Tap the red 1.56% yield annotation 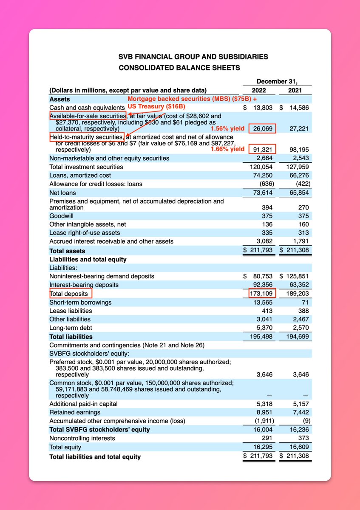pyautogui.click(x=228, y=128)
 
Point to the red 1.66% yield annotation pyautogui.click(x=228, y=149)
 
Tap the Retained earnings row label pyautogui.click(x=75, y=412)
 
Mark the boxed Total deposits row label pyautogui.click(x=69, y=294)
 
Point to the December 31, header pyautogui.click(x=276, y=81)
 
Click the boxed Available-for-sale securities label pyautogui.click(x=88, y=116)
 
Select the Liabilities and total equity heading pyautogui.click(x=88, y=259)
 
